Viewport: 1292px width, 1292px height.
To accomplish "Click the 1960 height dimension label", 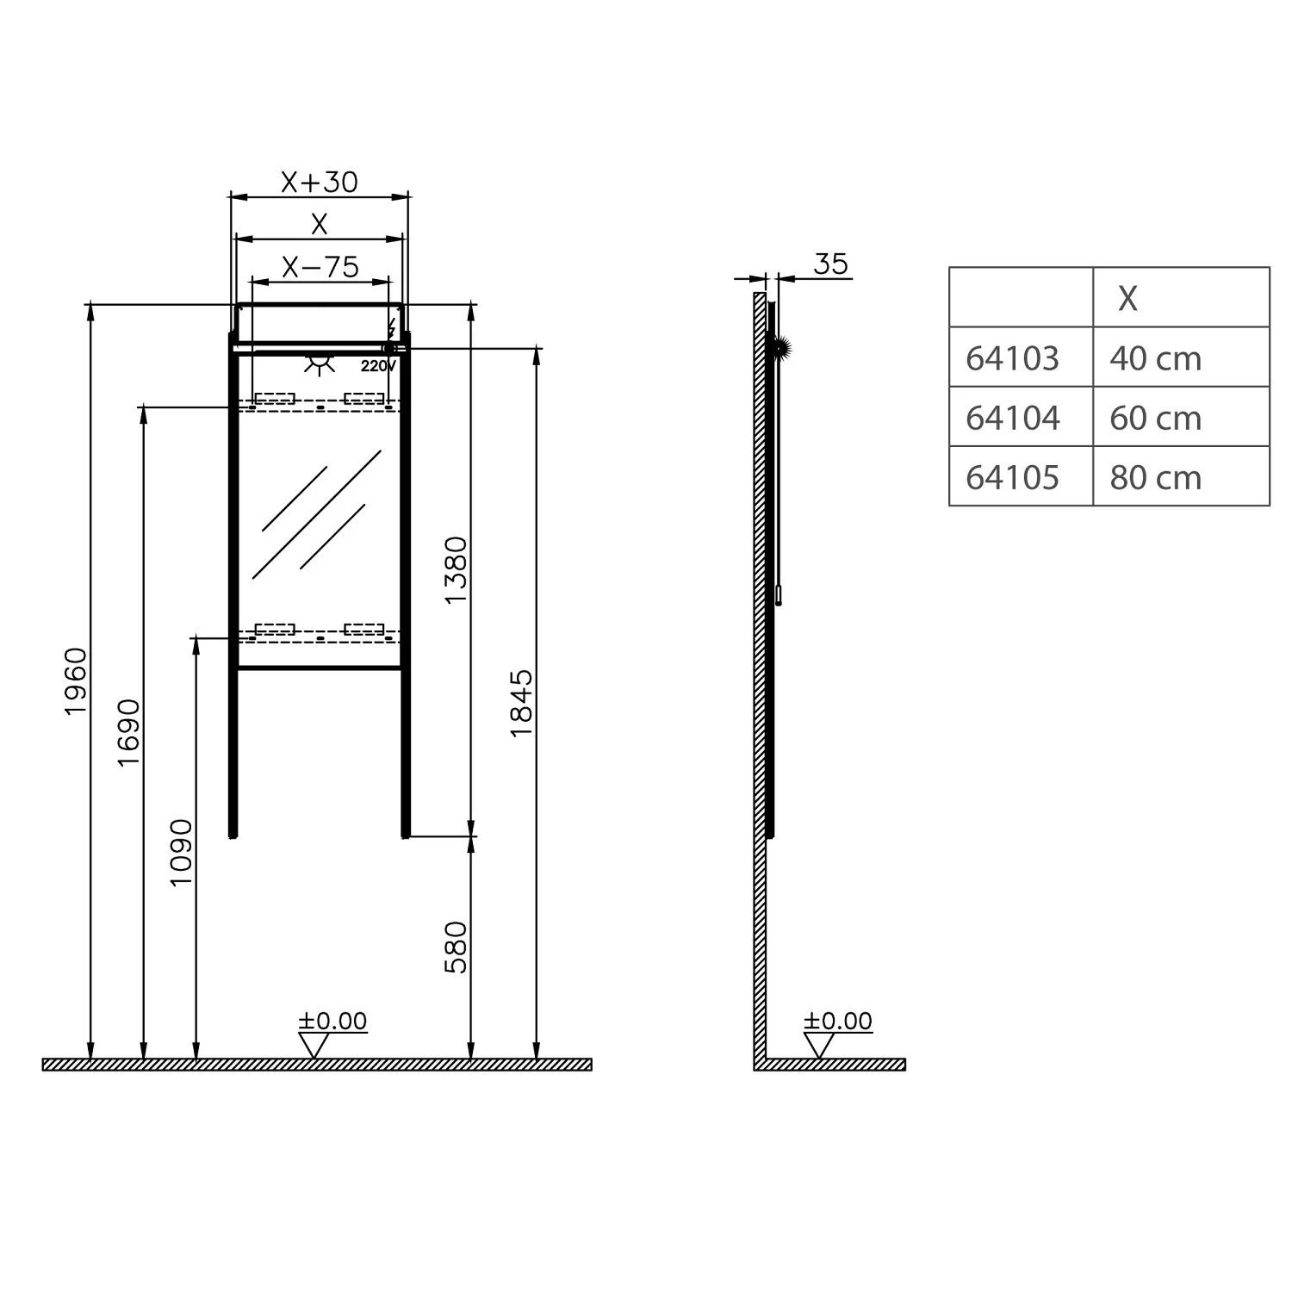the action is (76, 680).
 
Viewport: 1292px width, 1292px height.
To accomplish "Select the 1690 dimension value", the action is (128, 732).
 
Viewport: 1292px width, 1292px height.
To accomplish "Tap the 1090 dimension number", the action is (181, 853).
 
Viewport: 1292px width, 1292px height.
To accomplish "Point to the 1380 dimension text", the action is (455, 570).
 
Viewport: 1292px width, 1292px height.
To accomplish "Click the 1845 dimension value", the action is (521, 703).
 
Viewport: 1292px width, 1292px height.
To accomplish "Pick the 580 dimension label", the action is (455, 947).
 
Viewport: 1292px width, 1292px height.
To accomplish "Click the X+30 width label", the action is (319, 182).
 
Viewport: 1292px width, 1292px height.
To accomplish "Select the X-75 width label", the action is (320, 267).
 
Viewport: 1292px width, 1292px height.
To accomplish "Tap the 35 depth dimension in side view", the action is (830, 264).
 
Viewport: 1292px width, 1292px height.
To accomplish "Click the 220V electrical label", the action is (378, 366).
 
